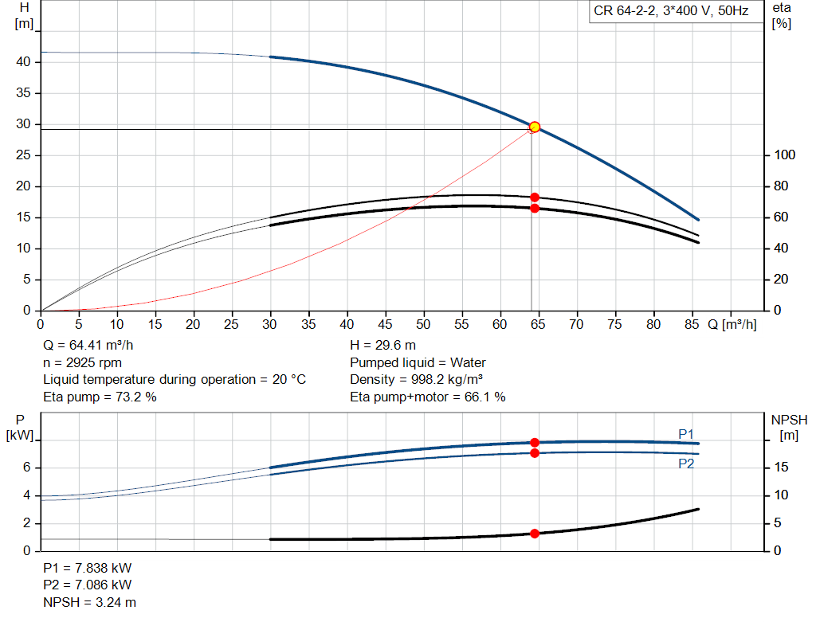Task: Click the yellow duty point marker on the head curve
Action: coord(535,127)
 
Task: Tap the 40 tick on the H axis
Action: coord(24,62)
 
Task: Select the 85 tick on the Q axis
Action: coord(692,324)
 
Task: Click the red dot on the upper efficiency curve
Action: coord(535,197)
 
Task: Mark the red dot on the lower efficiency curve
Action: coord(535,208)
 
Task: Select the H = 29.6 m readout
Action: coord(383,346)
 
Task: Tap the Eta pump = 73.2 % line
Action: coord(100,397)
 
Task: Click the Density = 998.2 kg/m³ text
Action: coord(417,380)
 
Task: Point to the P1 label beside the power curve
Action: coord(686,433)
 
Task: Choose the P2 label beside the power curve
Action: coord(686,464)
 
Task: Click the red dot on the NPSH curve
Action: coord(535,534)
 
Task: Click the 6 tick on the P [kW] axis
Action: coord(26,467)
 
